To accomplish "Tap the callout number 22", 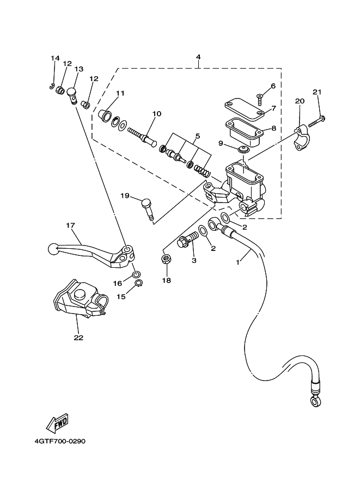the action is [78, 338].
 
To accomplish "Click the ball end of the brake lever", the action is [53, 249].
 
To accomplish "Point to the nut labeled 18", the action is [165, 259].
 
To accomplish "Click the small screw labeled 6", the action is [259, 100].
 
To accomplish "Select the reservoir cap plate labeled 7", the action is [244, 111].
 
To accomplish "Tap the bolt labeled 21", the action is [318, 121].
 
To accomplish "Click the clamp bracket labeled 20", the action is [301, 137].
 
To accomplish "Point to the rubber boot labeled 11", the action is [105, 115].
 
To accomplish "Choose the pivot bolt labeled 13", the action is [72, 96].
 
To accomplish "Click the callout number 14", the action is [55, 58].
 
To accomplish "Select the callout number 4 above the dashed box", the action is [198, 57].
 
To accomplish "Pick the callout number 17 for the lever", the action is [70, 225].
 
